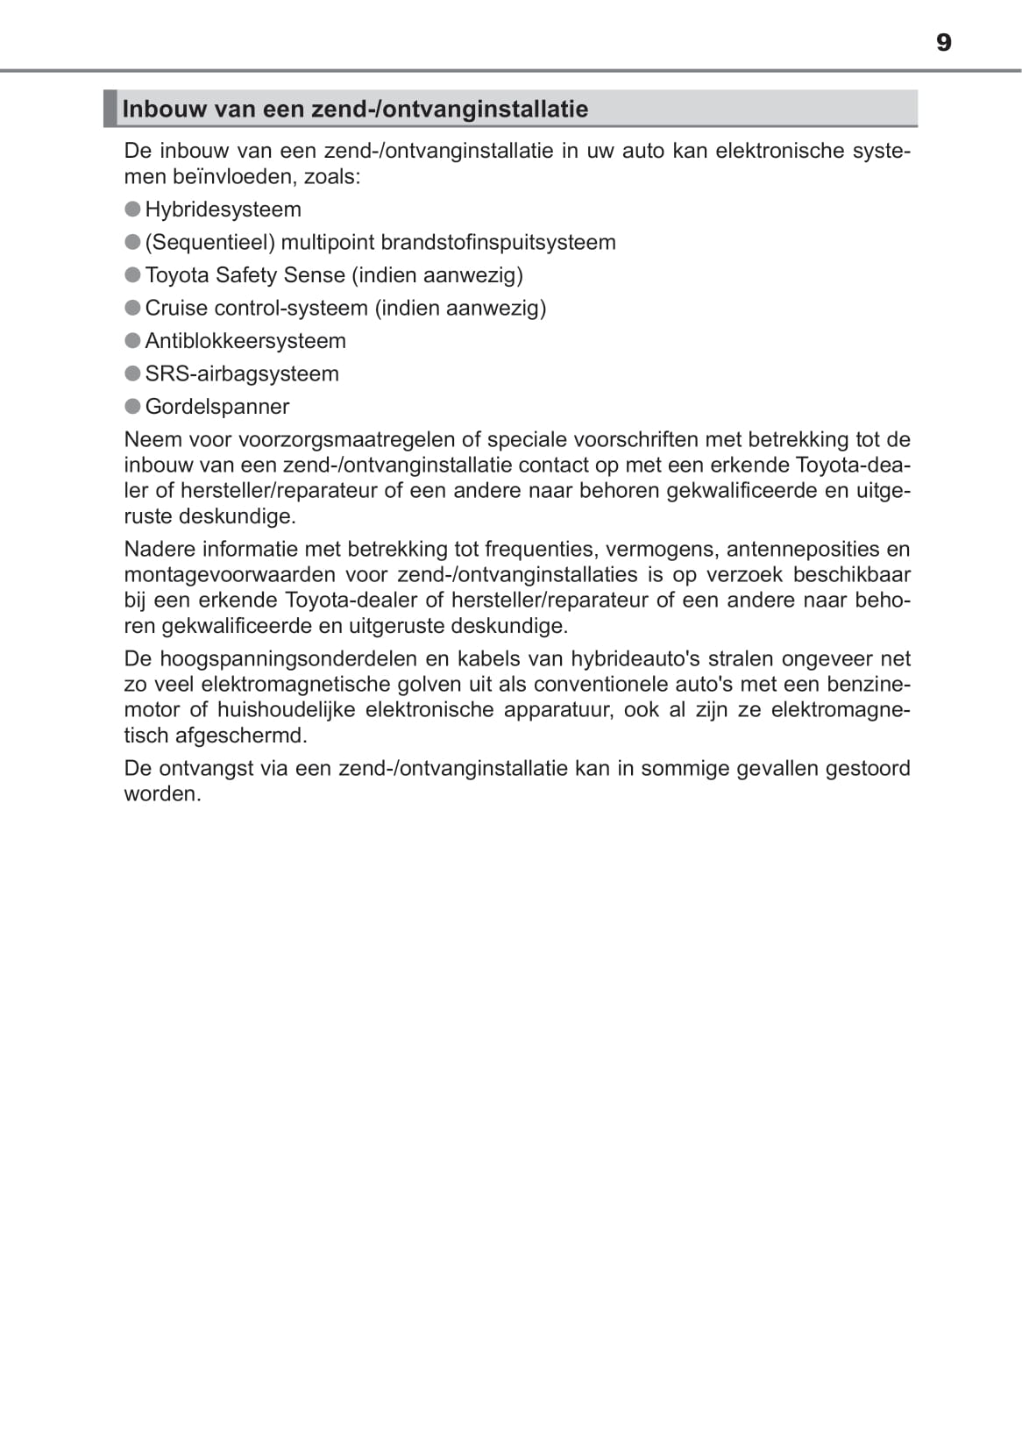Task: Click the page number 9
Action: click(943, 43)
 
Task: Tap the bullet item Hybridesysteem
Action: click(223, 210)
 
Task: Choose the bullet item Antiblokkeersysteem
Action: click(245, 341)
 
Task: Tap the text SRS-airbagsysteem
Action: click(242, 373)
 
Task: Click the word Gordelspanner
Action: click(217, 407)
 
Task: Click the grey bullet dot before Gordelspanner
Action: click(133, 406)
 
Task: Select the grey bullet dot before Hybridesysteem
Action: click(133, 209)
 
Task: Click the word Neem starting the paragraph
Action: click(151, 439)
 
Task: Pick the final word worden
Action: click(162, 794)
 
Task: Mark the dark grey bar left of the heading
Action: click(110, 109)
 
